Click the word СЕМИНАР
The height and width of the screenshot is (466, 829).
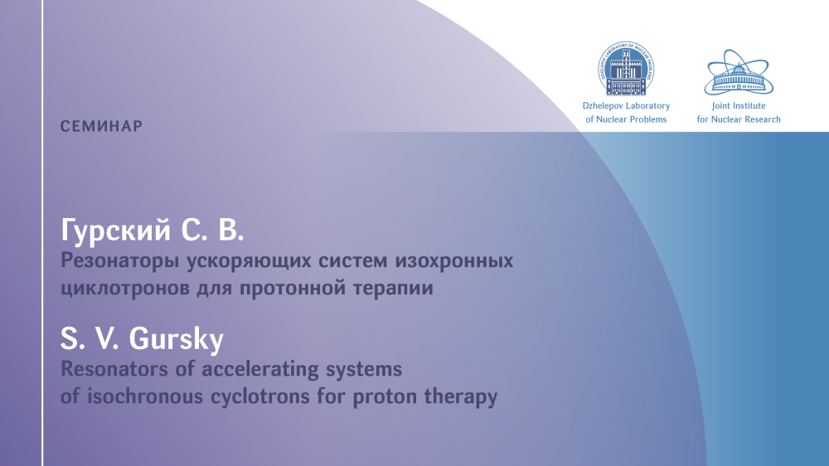(101, 126)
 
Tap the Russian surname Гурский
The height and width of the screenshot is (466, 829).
(116, 231)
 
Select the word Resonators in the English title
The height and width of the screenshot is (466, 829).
(118, 369)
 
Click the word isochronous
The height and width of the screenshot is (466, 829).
(145, 396)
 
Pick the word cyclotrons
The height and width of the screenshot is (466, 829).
(260, 396)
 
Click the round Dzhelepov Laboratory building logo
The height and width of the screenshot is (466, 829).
(626, 69)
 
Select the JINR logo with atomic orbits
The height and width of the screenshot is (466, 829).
(739, 72)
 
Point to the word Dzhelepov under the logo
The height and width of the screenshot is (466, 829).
(602, 106)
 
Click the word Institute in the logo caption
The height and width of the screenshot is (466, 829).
(748, 106)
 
